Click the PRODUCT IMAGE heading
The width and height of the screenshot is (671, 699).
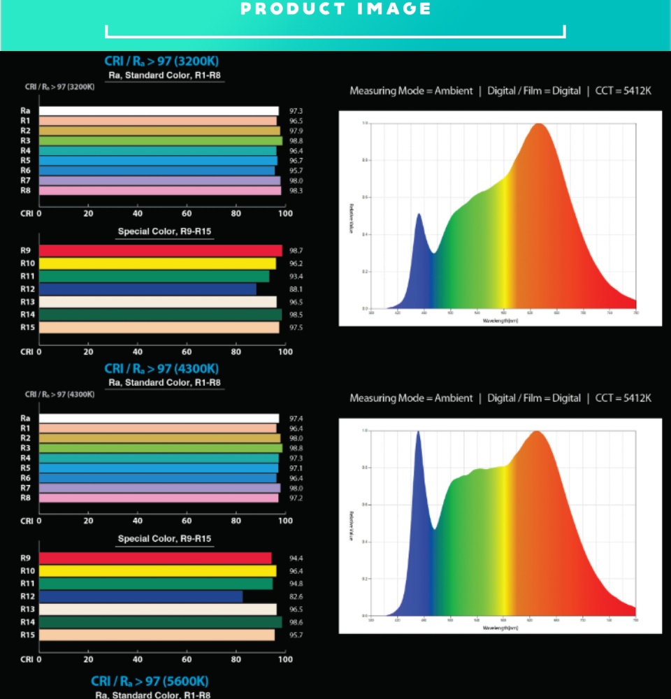(335, 9)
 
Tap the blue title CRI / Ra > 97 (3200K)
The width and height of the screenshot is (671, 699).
(161, 62)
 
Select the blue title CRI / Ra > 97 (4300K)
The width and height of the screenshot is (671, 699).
(161, 368)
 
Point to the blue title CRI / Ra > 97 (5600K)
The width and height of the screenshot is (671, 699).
(150, 681)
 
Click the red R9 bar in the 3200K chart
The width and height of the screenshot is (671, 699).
(160, 250)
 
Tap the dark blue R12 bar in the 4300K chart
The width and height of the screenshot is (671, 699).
(140, 596)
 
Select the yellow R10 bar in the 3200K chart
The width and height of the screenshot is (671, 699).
(157, 264)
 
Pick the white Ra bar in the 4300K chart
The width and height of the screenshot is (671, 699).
(159, 418)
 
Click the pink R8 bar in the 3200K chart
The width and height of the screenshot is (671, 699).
(159, 190)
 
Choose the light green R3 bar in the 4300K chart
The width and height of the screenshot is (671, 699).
(160, 448)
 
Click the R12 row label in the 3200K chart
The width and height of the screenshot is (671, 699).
(26, 289)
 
